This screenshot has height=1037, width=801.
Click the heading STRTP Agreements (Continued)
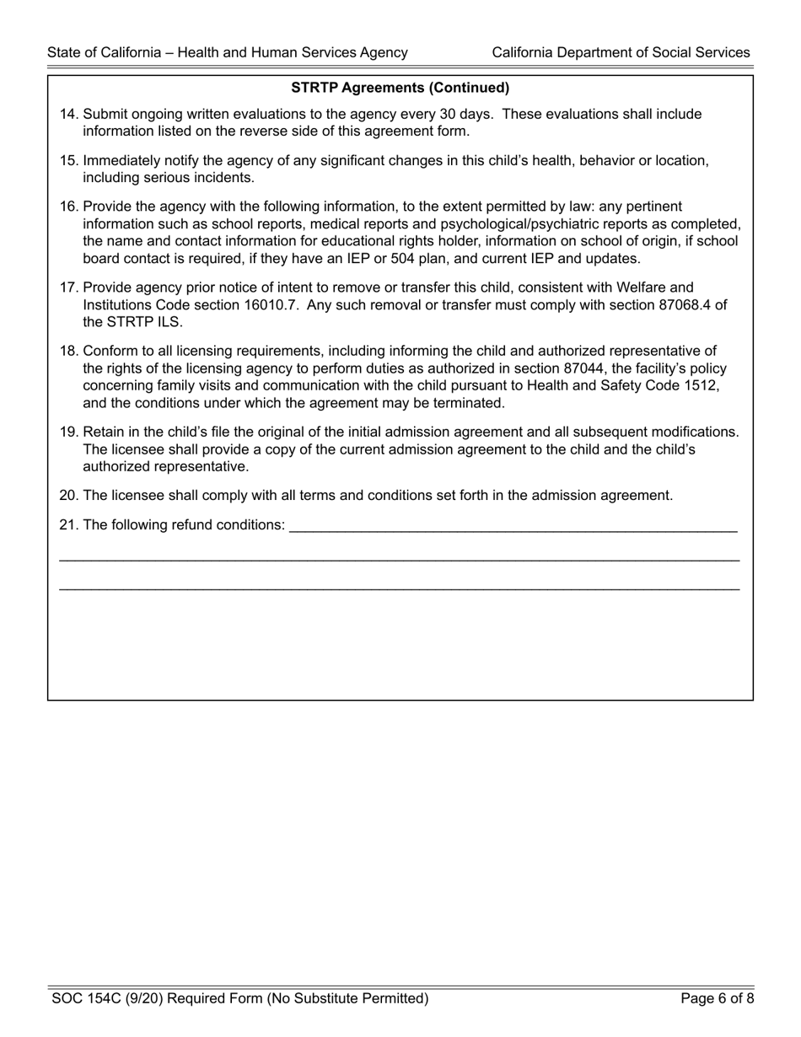[x=400, y=88]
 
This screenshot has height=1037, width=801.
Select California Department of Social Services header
[x=621, y=52]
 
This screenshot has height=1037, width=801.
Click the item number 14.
[x=68, y=114]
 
